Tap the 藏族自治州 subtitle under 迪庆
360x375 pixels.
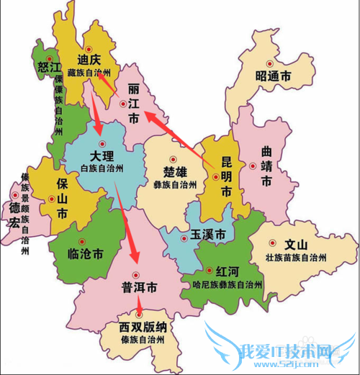[93, 73]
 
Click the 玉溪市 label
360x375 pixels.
[207, 235]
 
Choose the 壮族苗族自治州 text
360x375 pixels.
[297, 258]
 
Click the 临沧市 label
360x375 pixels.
[86, 253]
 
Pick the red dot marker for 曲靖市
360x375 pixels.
[253, 166]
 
